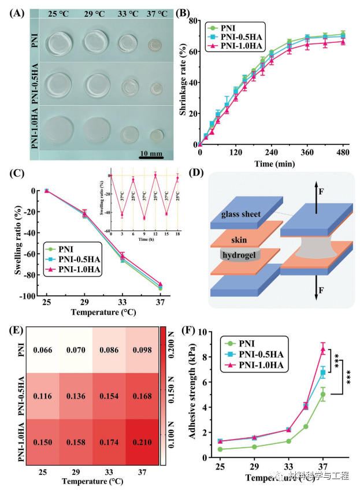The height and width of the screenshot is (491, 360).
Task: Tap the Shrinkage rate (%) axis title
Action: click(x=184, y=75)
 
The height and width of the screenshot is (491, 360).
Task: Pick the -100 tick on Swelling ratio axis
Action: click(x=28, y=296)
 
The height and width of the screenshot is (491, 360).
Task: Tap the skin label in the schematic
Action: click(x=236, y=237)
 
